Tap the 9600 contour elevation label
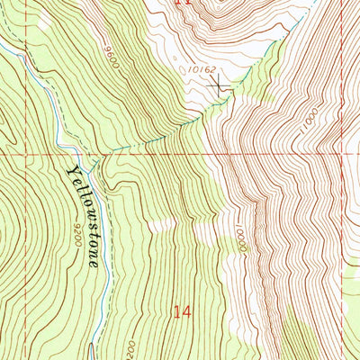[111, 56]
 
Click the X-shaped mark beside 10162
[218, 84]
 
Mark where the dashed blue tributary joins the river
[102, 154]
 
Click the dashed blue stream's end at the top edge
[311, 3]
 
